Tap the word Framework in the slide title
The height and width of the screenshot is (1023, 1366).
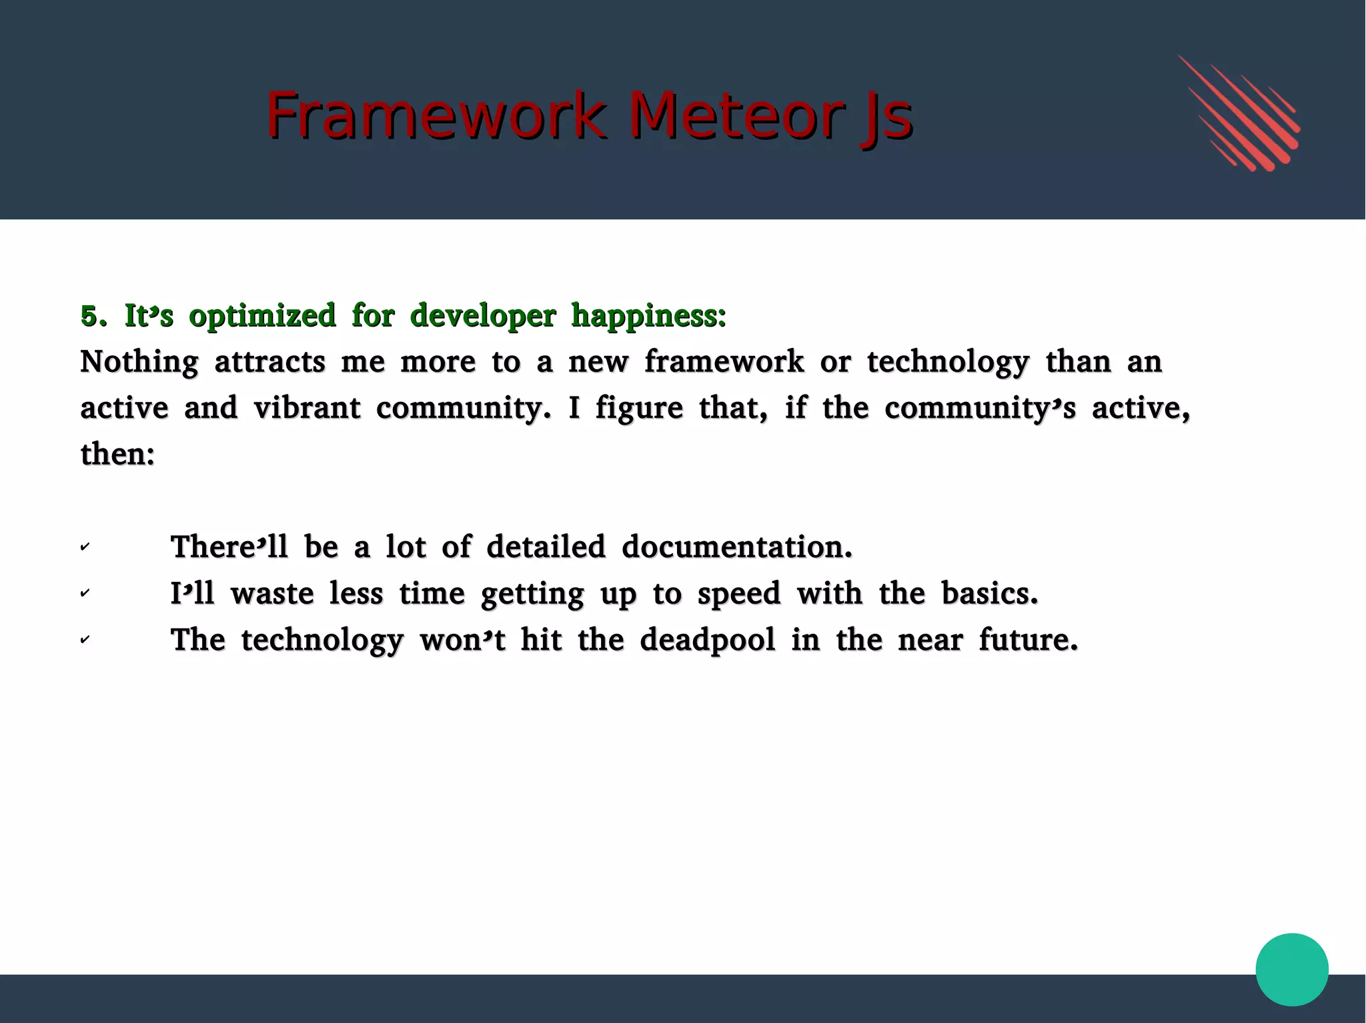[x=436, y=116]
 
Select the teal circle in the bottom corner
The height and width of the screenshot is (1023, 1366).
[x=1291, y=969]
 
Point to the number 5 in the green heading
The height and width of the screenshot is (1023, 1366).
[x=93, y=316]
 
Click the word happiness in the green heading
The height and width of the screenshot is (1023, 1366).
[x=648, y=316]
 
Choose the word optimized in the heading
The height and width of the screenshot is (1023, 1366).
[x=262, y=316]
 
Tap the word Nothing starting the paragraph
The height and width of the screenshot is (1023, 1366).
[x=139, y=362]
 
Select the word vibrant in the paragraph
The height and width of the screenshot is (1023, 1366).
[x=307, y=408]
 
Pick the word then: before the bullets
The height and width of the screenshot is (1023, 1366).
[x=117, y=455]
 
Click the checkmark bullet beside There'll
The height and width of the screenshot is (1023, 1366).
[x=85, y=547]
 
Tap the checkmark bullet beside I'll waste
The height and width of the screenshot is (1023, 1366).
[x=85, y=593]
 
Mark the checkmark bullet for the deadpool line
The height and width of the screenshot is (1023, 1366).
[x=85, y=640]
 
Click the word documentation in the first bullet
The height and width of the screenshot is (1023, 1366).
[x=737, y=547]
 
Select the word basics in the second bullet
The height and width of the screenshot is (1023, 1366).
[x=989, y=593]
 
